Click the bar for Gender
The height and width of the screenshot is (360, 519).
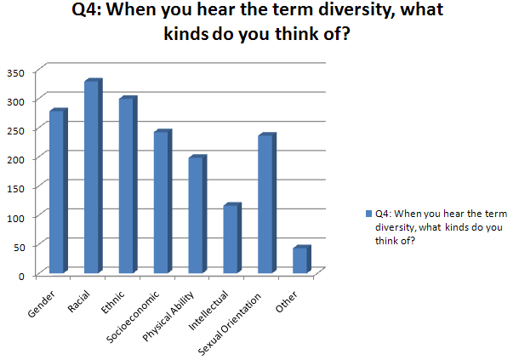point(59,191)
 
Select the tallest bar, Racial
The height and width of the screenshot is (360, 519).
point(94,176)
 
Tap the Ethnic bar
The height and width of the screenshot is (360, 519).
point(128,185)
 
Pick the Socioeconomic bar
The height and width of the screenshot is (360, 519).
point(163,202)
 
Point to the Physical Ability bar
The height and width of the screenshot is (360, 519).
point(197,214)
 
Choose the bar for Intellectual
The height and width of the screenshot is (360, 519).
point(232,238)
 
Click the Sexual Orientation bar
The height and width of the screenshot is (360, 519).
point(267,203)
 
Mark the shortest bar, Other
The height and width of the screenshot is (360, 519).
point(302,260)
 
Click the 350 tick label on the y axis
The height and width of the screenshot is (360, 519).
point(15,73)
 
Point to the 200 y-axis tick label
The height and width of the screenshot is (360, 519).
point(15,160)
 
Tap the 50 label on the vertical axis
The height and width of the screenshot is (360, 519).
point(19,247)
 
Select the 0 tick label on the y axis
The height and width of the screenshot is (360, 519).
point(21,276)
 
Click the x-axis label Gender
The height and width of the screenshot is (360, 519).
point(41,304)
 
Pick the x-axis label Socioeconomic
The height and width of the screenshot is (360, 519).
point(133,317)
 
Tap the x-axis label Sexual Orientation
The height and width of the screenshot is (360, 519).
point(230,324)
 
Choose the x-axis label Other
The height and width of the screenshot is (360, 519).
point(287,302)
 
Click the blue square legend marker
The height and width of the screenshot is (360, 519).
point(368,214)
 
